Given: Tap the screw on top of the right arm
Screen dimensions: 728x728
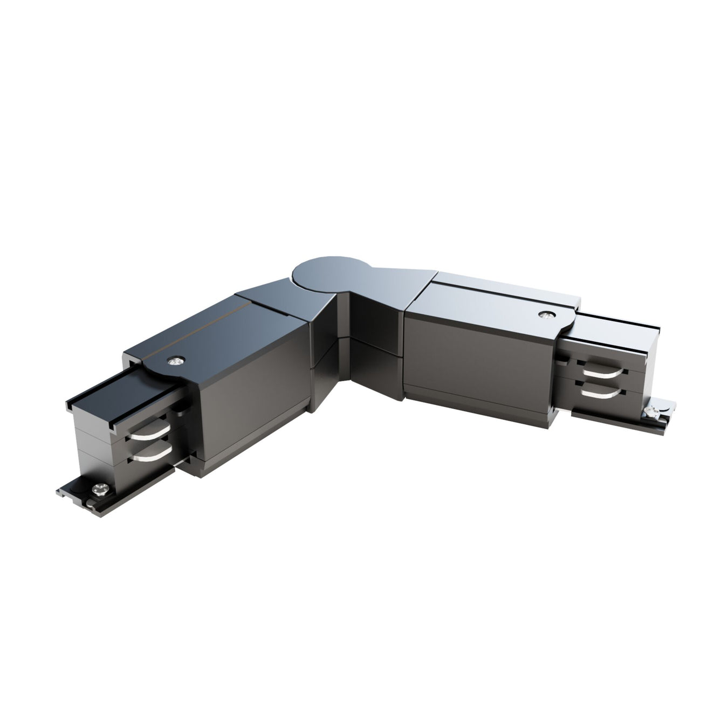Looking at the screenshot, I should (547, 314).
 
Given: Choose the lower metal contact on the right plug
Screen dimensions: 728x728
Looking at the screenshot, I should (598, 394).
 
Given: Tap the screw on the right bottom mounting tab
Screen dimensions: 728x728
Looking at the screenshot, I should (651, 413).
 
